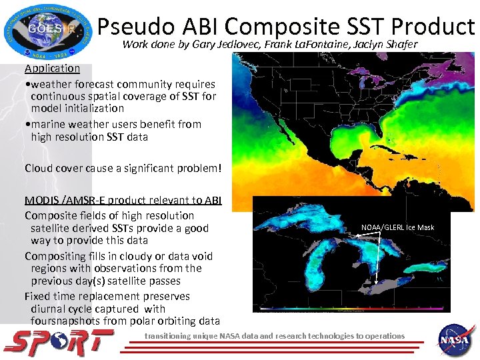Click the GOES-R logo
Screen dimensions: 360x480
44,31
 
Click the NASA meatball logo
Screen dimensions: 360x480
455,340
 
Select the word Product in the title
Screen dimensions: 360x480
433,26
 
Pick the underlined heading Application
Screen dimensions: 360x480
52,68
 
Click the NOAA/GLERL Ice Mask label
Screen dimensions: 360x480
397,227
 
